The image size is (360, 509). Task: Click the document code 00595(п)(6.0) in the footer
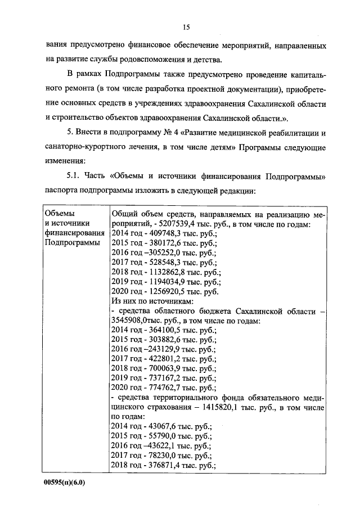(x=66, y=483)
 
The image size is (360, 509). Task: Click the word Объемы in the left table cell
(x=59, y=214)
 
